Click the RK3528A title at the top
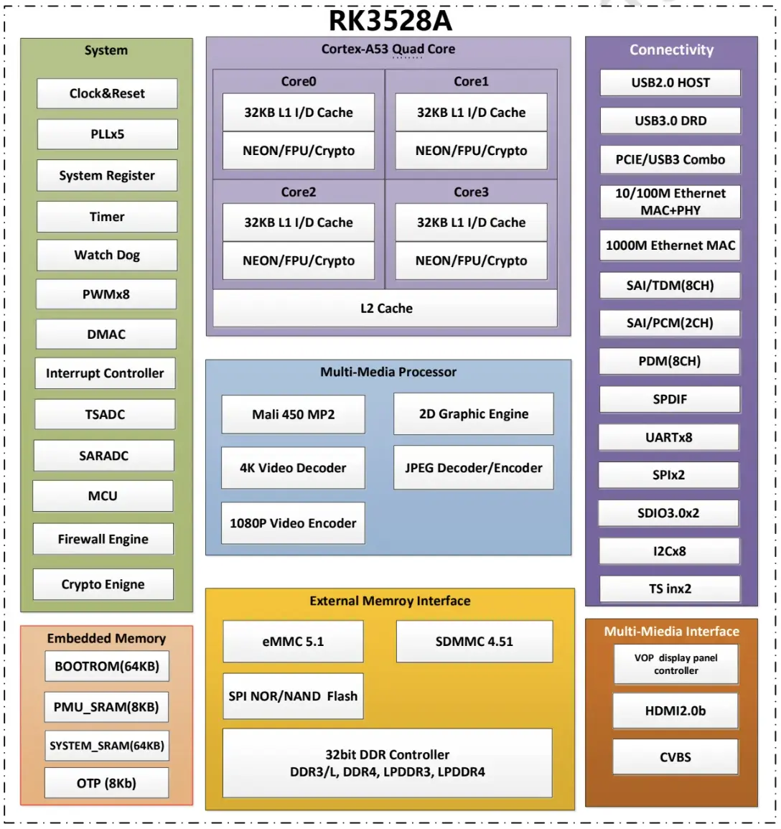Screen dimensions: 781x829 [390, 21]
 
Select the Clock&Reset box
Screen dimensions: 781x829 [108, 93]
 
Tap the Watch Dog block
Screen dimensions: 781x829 [108, 256]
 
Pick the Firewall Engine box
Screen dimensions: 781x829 [103, 539]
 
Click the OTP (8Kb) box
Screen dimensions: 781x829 [107, 783]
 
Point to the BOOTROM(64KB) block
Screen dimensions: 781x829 [107, 666]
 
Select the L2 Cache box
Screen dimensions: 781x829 [385, 308]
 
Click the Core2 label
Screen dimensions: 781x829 [299, 192]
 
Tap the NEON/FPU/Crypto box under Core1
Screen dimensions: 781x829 [472, 151]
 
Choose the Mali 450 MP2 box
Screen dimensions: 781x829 [294, 415]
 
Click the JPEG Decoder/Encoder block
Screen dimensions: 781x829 [474, 468]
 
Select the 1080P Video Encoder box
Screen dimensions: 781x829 [293, 523]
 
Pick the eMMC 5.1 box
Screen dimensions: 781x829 [294, 642]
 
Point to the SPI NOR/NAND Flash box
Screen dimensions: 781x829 [294, 696]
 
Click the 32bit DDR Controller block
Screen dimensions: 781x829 [388, 763]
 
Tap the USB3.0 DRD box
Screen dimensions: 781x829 [670, 121]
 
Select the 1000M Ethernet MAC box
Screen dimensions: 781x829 [670, 245]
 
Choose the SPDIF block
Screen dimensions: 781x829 [670, 399]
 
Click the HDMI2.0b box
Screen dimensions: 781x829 [675, 711]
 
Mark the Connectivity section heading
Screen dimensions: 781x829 [672, 50]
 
